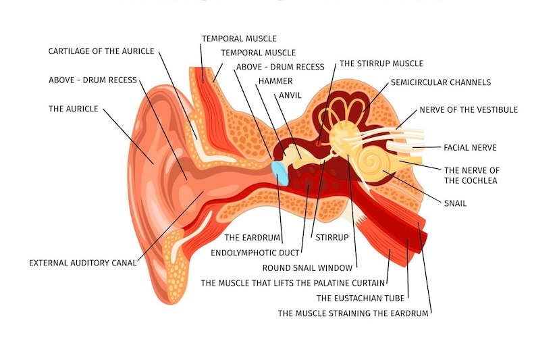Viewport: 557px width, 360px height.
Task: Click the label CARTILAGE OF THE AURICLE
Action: [101, 51]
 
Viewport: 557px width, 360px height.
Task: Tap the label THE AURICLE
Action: [74, 109]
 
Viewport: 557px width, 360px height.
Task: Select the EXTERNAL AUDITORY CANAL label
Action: [82, 263]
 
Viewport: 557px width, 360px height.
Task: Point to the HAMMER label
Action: [275, 81]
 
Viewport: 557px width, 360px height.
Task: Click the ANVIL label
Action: [290, 95]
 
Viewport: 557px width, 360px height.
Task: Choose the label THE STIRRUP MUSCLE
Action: [381, 63]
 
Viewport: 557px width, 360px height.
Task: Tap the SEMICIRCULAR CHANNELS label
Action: [440, 82]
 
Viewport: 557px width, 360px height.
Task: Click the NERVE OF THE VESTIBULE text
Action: [469, 109]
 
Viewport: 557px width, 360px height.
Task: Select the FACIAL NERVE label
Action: [470, 147]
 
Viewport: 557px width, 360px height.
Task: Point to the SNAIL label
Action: [455, 203]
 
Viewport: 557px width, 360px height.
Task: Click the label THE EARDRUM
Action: [253, 238]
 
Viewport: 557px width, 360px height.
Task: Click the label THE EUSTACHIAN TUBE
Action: [360, 297]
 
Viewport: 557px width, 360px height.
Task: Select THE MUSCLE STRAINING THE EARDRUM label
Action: [353, 313]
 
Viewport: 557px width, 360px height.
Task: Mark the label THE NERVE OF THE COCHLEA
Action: [471, 176]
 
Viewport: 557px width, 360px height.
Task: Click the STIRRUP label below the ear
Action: [331, 238]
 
